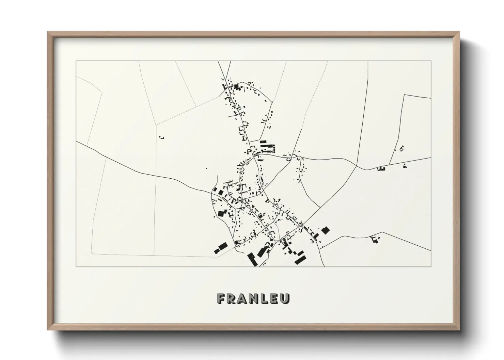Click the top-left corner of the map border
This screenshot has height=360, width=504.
tap(76, 61)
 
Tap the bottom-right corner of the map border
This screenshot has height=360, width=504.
tap(430, 267)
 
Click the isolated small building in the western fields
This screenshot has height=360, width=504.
tap(162, 137)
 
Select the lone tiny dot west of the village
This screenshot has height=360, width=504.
tap(206, 168)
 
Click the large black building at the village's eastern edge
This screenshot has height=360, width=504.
tap(326, 230)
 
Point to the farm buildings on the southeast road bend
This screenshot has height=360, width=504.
tap(376, 239)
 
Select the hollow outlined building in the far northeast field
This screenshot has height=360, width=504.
tap(402, 148)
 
